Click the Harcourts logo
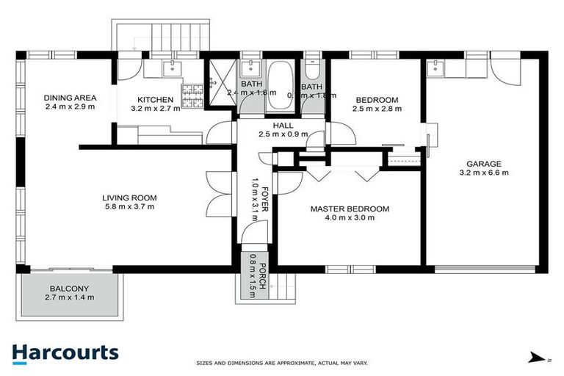point(65,352)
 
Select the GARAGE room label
point(483,164)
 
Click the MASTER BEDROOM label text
point(349,209)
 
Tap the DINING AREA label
point(70,98)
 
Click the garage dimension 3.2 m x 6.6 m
point(483,173)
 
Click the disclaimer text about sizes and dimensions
point(282,363)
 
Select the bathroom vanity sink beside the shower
point(250,70)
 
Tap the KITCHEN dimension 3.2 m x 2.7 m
point(155,109)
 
